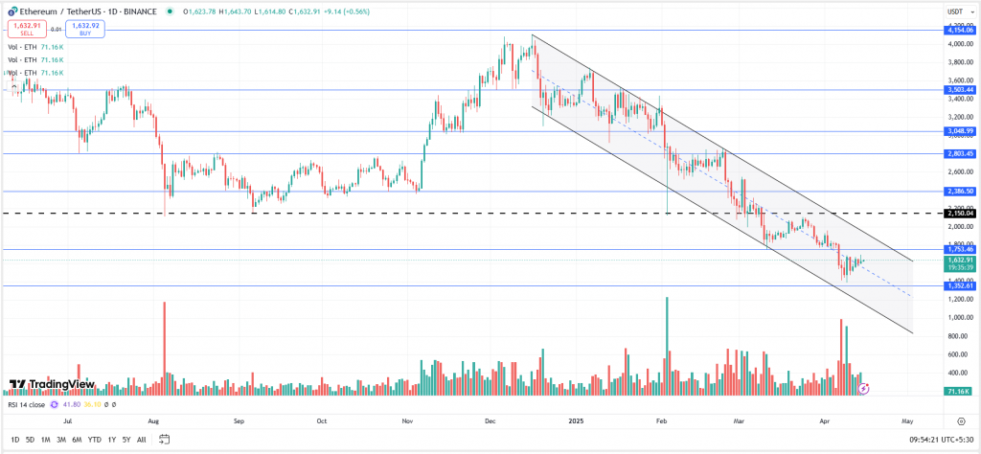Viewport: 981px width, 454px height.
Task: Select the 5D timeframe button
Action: (30, 440)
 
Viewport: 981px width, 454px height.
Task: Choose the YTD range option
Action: (94, 440)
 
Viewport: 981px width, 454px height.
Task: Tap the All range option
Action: (142, 440)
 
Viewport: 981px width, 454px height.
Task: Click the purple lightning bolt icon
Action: (864, 389)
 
